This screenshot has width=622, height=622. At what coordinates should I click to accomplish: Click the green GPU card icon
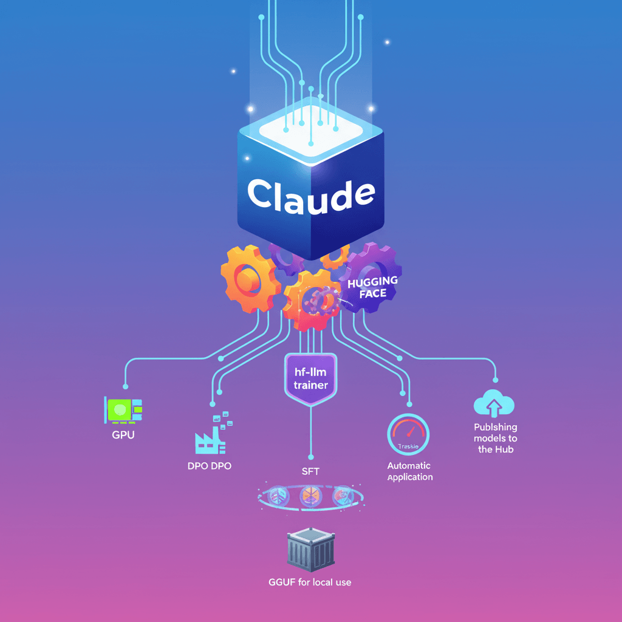click(x=124, y=410)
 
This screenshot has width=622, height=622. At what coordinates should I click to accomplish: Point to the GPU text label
click(x=123, y=436)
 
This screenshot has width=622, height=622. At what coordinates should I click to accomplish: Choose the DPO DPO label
click(x=210, y=466)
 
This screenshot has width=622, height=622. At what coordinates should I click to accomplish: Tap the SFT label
click(x=310, y=471)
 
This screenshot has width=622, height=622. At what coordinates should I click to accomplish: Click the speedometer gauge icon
click(x=408, y=435)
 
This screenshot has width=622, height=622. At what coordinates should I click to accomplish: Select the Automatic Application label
click(x=410, y=471)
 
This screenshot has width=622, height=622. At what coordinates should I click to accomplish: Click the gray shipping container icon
click(x=310, y=551)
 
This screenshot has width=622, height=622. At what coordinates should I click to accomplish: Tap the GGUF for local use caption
click(x=310, y=582)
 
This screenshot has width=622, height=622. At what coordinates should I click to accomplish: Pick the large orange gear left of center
click(x=247, y=279)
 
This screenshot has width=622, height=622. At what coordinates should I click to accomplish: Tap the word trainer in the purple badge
click(x=310, y=385)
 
